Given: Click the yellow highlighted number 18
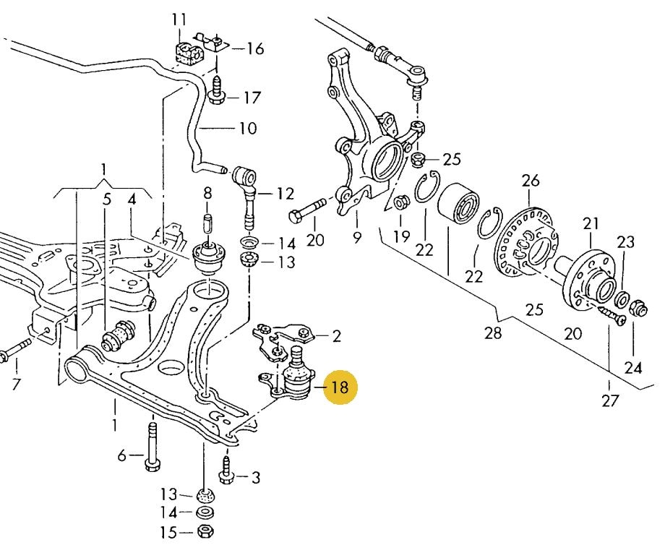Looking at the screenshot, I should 338,387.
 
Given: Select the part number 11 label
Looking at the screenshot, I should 179,19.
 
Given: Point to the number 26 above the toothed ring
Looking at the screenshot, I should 531,179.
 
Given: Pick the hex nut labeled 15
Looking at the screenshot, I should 205,533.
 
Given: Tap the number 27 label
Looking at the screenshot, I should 610,400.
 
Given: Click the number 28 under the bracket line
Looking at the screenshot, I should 493,333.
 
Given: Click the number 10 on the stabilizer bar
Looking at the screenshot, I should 247,129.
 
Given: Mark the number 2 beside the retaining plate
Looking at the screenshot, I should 336,335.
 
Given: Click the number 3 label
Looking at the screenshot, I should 256,477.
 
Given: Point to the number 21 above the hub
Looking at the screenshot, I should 592,223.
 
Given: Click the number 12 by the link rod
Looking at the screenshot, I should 285,194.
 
